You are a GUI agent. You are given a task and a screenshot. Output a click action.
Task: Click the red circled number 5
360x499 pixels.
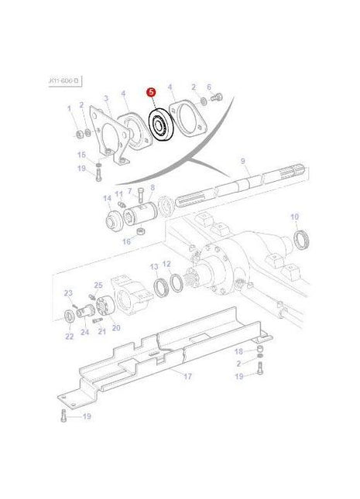point(152,91)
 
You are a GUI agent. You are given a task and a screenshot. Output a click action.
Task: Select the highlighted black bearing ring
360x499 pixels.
point(161,124)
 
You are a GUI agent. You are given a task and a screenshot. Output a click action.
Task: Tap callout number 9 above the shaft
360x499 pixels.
point(242,161)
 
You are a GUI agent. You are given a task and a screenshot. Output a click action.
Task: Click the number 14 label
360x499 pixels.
point(107,199)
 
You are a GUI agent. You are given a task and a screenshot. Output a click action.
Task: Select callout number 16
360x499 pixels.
point(127,241)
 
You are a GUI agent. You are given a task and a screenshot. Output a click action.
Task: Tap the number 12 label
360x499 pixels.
point(166,265)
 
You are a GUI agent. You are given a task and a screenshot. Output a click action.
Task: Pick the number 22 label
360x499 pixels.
point(70,336)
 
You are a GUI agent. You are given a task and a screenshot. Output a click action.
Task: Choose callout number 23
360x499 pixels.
point(68,292)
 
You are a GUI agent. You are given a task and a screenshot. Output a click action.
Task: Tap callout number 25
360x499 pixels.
point(98,285)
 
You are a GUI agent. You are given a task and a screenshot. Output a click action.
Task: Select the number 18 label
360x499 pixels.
point(239,352)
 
